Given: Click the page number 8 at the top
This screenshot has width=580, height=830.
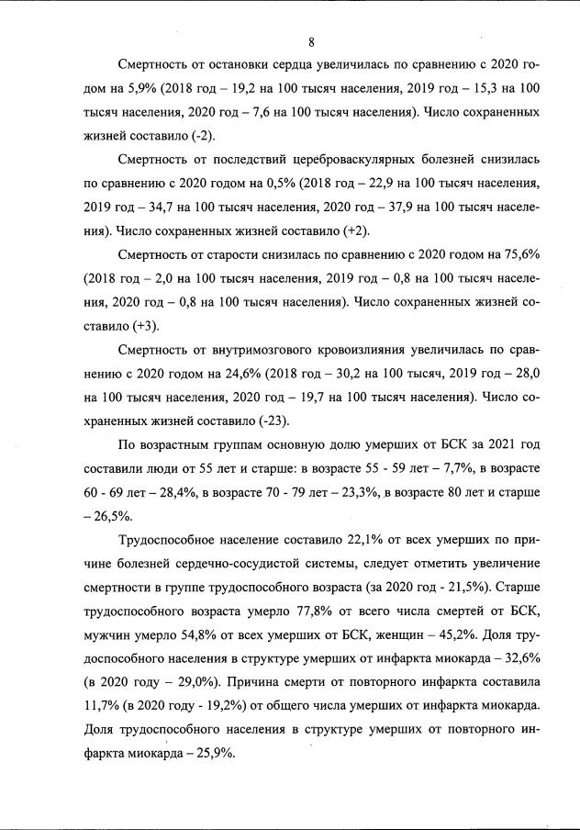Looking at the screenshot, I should [312, 41].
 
